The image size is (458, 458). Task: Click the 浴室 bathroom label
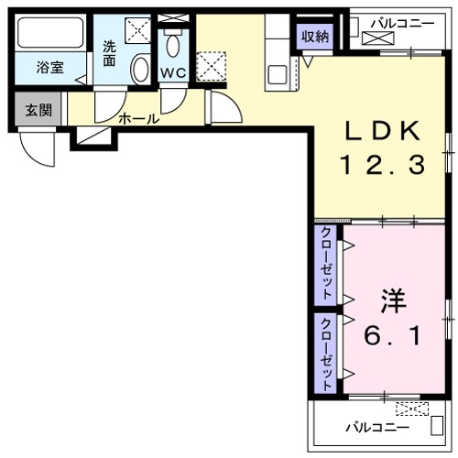pos(49,67)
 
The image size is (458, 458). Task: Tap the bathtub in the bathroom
pos(50,35)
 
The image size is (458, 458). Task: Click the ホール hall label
pos(139,118)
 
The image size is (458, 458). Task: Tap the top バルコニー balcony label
pos(402,21)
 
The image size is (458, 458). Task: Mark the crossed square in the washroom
pos(137,31)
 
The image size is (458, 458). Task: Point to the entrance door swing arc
pos(41,148)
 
